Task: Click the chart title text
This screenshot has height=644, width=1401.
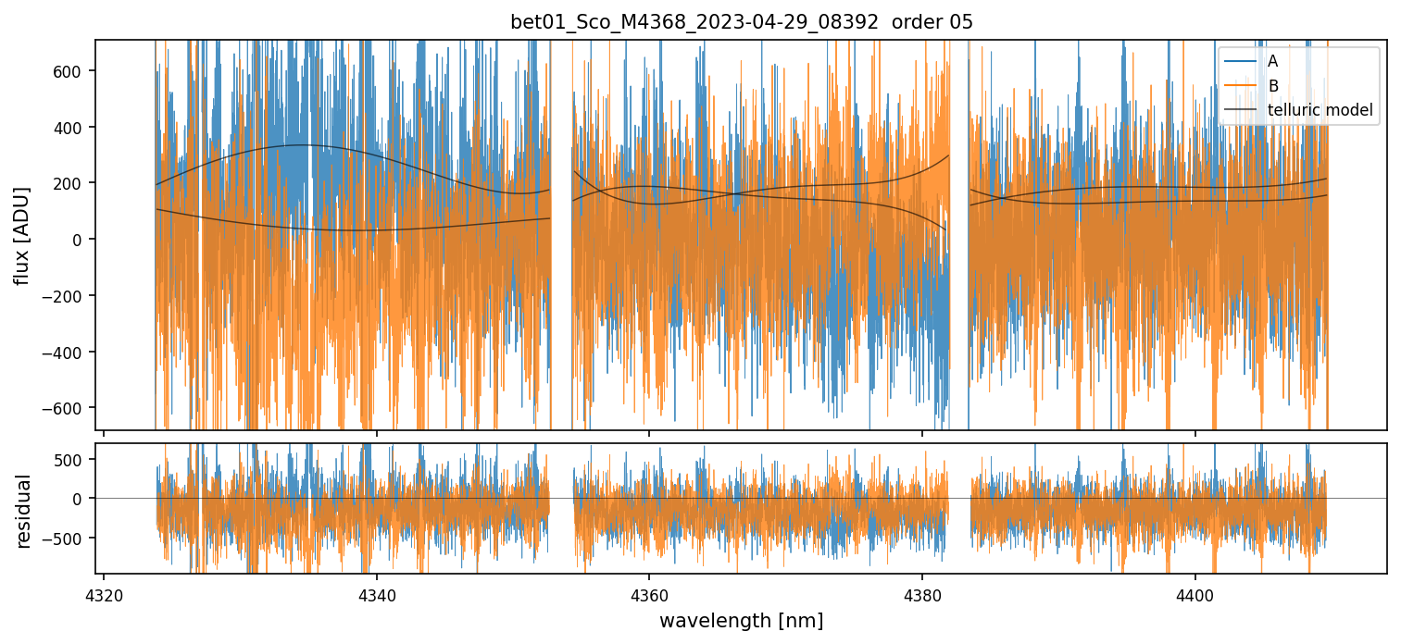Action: pos(741,22)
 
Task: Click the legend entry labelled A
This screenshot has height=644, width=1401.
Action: pos(1272,61)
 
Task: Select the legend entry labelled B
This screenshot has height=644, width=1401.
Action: pos(1272,86)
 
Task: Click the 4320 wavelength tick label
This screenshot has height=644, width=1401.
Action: pos(104,592)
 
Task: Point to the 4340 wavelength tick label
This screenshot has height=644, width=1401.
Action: pos(376,592)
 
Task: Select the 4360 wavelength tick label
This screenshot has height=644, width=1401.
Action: pos(649,592)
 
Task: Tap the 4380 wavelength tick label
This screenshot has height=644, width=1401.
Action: pos(922,592)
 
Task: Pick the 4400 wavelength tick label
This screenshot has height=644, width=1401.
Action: pos(1195,592)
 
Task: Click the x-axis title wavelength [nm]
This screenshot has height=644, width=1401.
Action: pos(741,620)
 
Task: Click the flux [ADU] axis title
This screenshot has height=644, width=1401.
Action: pos(22,236)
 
